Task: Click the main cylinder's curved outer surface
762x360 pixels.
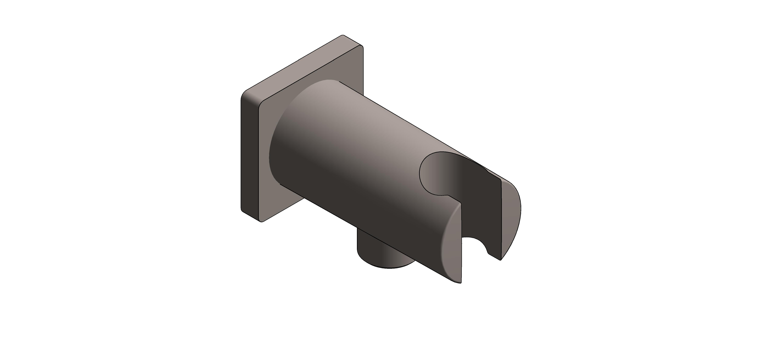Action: pos(355,148)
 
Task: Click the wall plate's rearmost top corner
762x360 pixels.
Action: pos(343,35)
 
